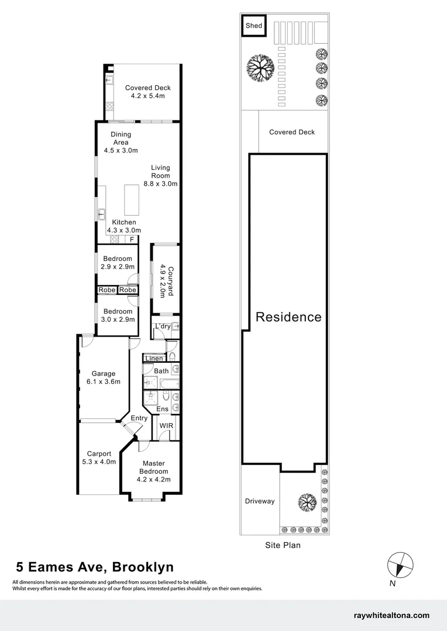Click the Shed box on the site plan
(253, 26)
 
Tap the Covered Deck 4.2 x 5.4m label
(148, 92)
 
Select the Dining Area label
(121, 142)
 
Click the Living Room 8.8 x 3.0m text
(160, 175)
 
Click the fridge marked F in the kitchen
(132, 239)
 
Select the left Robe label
(106, 290)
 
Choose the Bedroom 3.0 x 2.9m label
(118, 315)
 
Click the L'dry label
(162, 326)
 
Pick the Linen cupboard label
(154, 358)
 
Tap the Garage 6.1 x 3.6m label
(103, 377)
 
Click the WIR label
(166, 426)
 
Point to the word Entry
(139, 418)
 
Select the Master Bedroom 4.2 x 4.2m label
(153, 471)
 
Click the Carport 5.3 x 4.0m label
(101, 457)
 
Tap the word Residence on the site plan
(288, 317)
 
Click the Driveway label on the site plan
(259, 501)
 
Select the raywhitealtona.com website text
(391, 615)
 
